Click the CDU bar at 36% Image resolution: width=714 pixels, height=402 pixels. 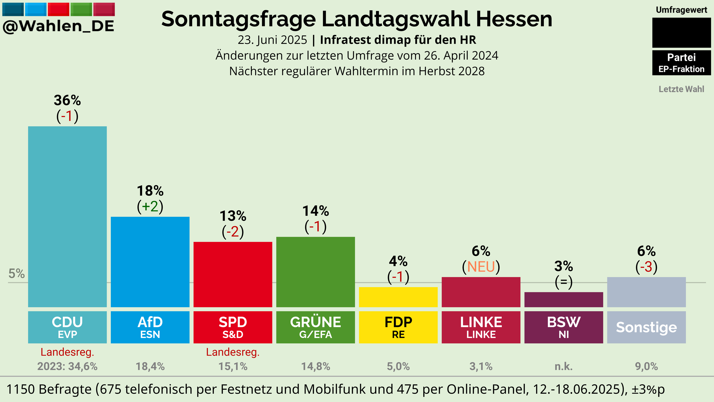[x=67, y=217]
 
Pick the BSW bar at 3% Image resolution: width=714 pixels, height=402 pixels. [x=564, y=300]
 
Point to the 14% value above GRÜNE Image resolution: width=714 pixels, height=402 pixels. [x=316, y=211]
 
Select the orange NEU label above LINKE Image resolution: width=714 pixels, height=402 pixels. [x=481, y=267]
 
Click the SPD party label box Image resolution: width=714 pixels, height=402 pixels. [x=233, y=327]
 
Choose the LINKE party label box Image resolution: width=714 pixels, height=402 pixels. [x=481, y=327]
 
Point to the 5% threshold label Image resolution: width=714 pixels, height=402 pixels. [x=17, y=274]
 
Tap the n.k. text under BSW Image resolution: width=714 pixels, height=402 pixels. [x=564, y=366]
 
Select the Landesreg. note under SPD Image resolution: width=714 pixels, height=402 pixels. [x=233, y=352]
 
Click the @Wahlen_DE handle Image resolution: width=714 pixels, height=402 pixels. [x=58, y=26]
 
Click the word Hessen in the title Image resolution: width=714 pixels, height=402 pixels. [x=514, y=19]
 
